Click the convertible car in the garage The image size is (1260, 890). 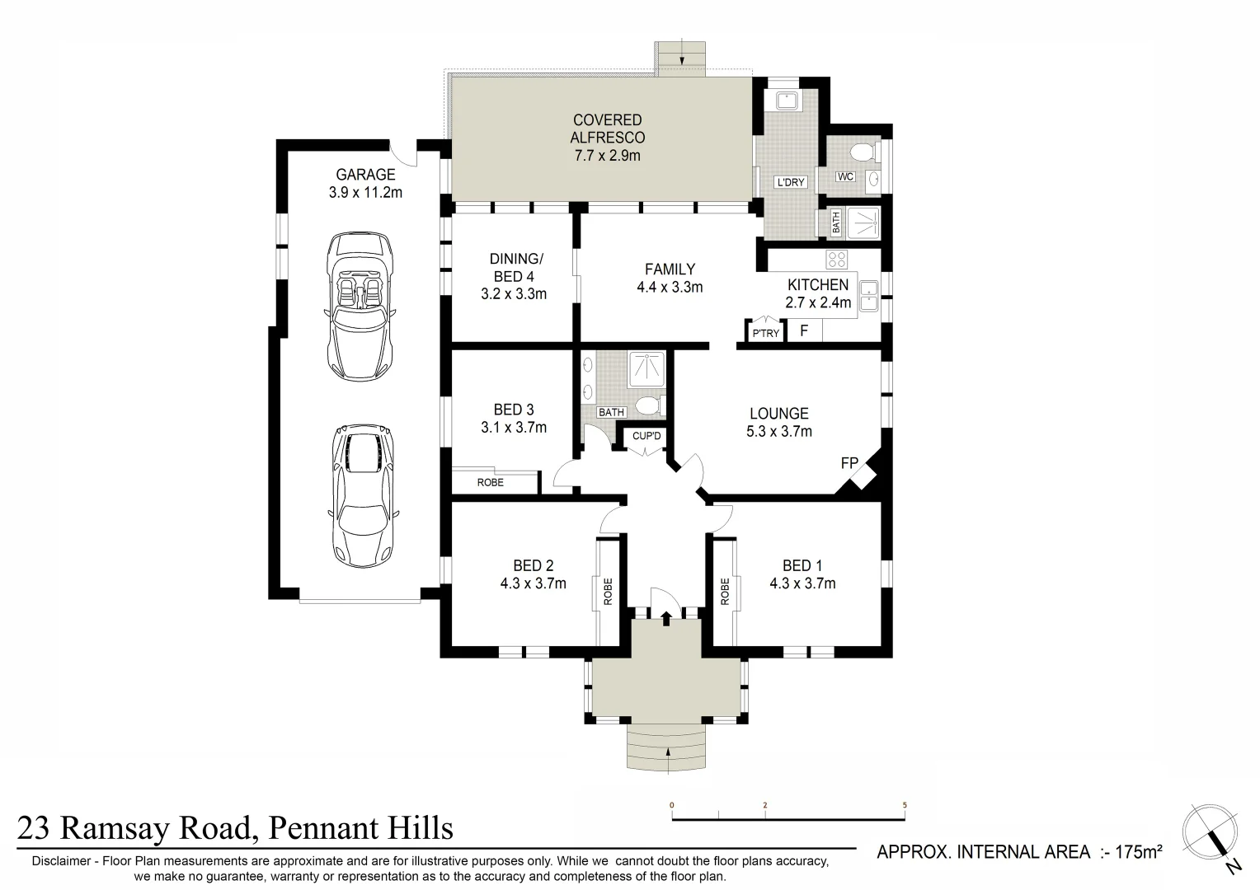[x=360, y=305]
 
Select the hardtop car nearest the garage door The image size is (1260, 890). [x=362, y=495]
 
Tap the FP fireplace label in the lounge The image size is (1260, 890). [x=849, y=463]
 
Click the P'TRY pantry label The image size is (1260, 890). [x=765, y=334]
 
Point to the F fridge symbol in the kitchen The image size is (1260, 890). [x=804, y=331]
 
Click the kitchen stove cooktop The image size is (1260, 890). [x=837, y=259]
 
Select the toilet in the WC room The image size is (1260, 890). [x=861, y=152]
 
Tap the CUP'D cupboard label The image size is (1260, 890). [x=646, y=435]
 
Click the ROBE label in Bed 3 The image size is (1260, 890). [x=491, y=482]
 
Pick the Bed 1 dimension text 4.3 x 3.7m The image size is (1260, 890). [x=802, y=583]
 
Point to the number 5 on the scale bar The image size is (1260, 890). [x=905, y=805]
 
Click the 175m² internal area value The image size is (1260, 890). [x=1139, y=852]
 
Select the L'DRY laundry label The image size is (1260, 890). [x=789, y=182]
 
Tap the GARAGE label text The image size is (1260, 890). [x=365, y=175]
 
